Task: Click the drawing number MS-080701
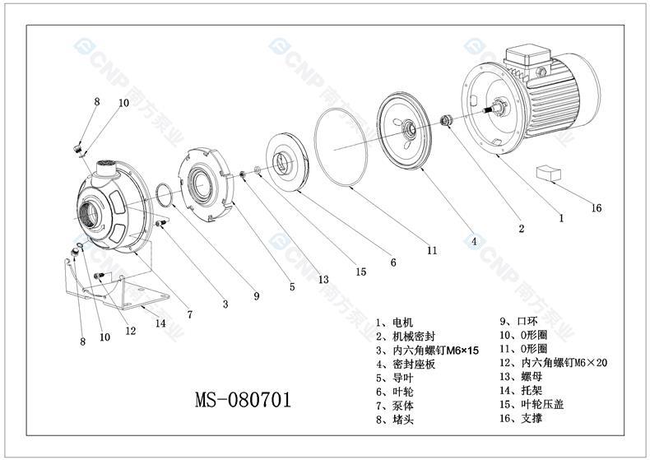243,401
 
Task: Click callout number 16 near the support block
597,208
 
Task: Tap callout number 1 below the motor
561,218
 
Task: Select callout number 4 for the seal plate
472,242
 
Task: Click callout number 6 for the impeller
393,263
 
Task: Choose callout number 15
360,272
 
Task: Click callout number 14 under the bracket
160,323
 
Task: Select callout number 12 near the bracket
130,331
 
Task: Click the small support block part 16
546,174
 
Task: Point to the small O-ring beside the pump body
164,194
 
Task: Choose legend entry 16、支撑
520,419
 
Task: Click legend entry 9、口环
518,323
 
